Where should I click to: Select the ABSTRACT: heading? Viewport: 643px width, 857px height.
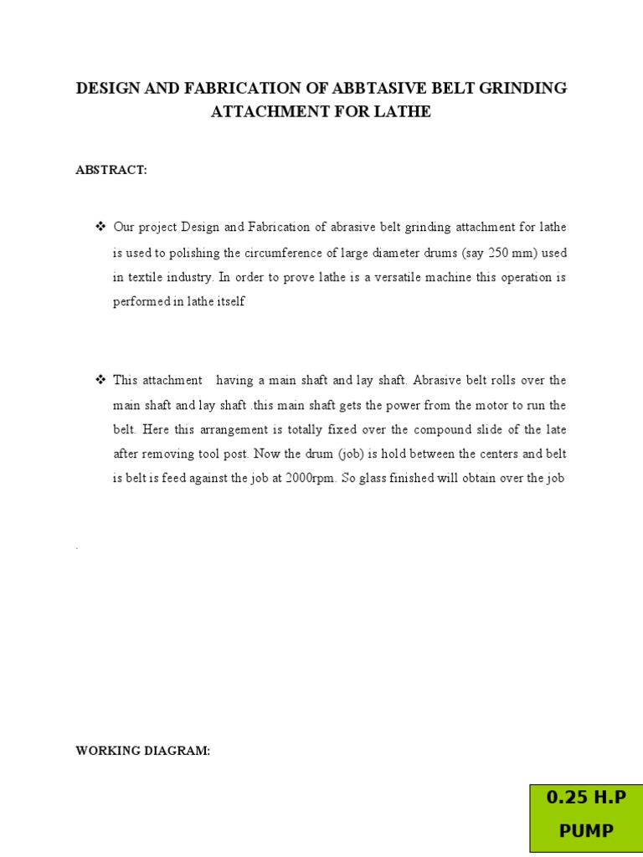pyautogui.click(x=111, y=170)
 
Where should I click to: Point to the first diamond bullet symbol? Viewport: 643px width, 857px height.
pyautogui.click(x=100, y=228)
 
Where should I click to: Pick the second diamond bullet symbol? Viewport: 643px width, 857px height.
pyautogui.click(x=100, y=380)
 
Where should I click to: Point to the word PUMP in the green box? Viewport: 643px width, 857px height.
pyautogui.click(x=586, y=831)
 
